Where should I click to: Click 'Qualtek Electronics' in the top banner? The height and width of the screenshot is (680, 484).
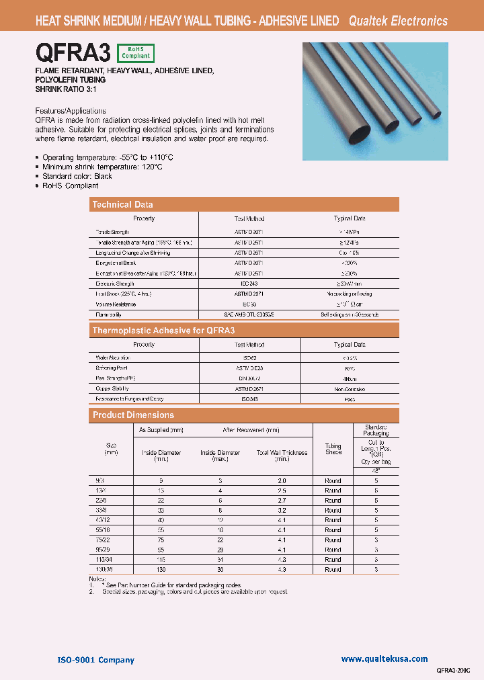coord(398,21)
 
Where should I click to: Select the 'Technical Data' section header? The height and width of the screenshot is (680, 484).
coord(122,205)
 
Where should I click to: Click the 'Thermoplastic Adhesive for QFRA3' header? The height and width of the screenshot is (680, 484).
coord(163,331)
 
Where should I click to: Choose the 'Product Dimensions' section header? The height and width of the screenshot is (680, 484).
coord(133,415)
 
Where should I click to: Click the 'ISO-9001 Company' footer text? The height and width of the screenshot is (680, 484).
coord(96,660)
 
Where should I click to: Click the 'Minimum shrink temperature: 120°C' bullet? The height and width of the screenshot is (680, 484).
coord(102,166)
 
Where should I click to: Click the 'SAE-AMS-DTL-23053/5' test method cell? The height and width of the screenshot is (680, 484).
coord(249,314)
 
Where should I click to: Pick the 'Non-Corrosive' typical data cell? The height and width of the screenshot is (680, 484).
coord(350,388)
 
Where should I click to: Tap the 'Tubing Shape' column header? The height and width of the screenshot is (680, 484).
coord(333,449)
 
